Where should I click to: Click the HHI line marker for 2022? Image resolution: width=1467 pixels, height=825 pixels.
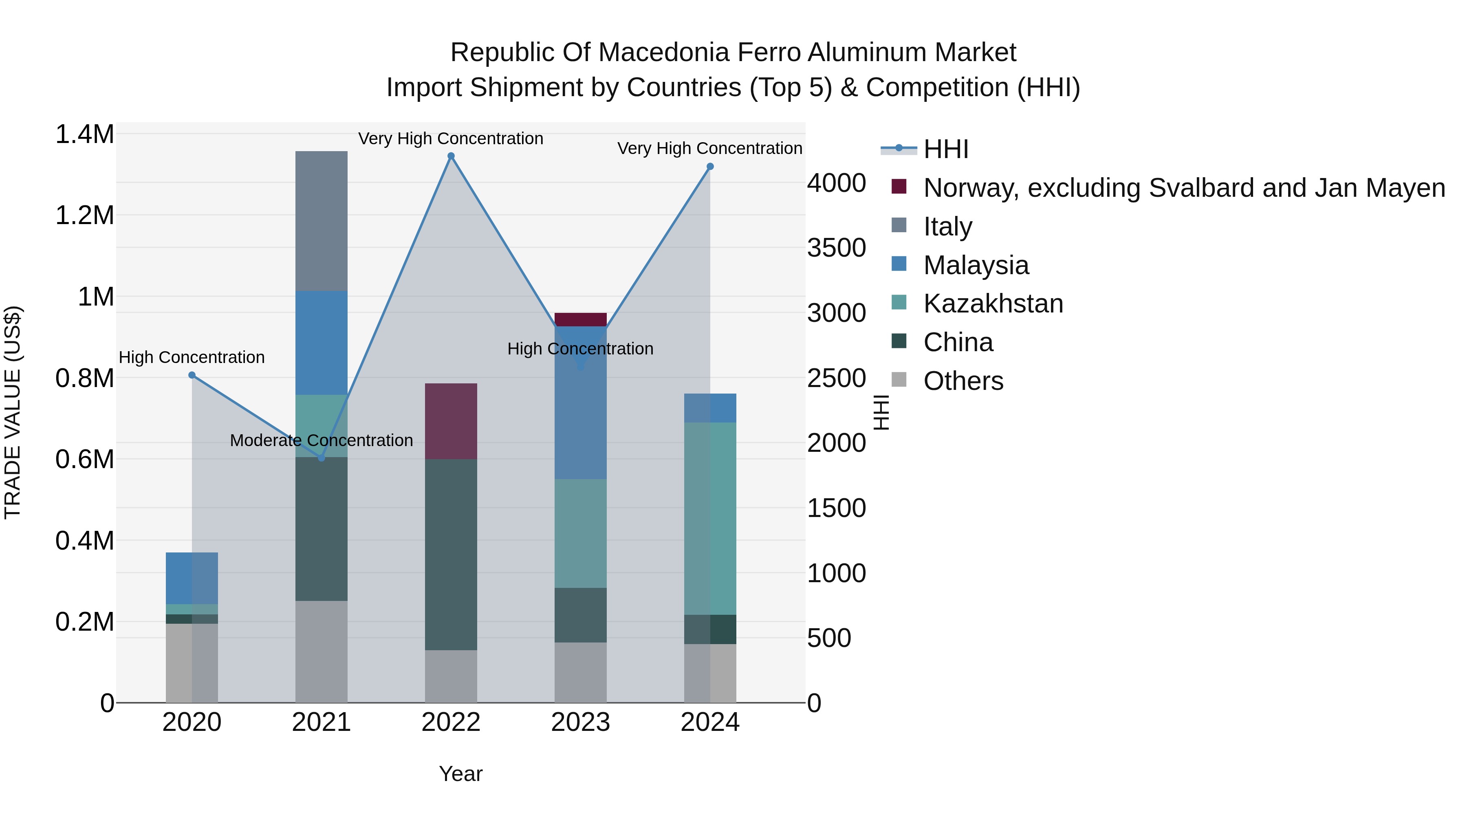[451, 156]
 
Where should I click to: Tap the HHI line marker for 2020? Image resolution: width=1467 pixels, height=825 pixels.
[192, 375]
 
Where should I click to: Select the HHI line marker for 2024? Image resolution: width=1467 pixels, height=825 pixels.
[710, 167]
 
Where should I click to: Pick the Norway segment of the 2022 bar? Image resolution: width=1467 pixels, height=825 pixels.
[451, 421]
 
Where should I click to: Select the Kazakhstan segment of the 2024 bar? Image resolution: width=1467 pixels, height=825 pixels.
[710, 518]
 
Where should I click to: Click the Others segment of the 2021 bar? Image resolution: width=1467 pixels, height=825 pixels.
[321, 651]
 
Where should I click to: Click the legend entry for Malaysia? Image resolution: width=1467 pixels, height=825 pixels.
[976, 265]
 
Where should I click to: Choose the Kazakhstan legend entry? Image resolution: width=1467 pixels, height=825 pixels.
[993, 304]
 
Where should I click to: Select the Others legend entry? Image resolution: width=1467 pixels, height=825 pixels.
[963, 381]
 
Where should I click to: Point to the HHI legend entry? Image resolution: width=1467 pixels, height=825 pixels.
[945, 149]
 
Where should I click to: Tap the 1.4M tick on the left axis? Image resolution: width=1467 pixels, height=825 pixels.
[84, 135]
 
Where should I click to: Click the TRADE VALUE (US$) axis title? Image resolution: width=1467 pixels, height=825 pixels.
[13, 412]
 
